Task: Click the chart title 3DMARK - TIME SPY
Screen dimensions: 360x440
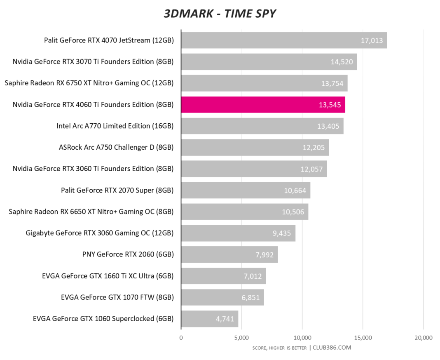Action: [x=220, y=14]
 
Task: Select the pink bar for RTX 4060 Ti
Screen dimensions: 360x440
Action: [x=263, y=105]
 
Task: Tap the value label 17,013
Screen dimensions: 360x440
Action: [x=372, y=40]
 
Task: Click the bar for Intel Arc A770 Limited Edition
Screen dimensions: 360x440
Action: [x=262, y=126]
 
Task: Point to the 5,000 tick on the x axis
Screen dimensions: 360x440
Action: [x=241, y=338]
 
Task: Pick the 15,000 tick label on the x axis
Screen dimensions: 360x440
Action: [x=363, y=338]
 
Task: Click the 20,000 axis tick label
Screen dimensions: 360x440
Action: [x=423, y=338]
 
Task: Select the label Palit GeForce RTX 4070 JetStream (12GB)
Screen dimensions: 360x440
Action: [x=109, y=40]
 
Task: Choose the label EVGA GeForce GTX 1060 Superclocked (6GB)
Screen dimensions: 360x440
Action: [x=103, y=319]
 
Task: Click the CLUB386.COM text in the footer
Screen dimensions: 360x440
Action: [x=332, y=348]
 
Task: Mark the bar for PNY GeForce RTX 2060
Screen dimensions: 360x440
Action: [x=229, y=254]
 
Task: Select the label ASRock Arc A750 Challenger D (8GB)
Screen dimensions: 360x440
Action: [x=117, y=147]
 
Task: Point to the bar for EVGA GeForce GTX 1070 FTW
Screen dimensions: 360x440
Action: [x=222, y=297]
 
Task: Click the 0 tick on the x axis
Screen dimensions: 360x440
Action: [x=181, y=338]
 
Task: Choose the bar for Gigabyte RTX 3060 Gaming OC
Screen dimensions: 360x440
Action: [x=238, y=233]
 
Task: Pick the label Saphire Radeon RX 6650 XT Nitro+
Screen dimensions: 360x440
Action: [x=91, y=212]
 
